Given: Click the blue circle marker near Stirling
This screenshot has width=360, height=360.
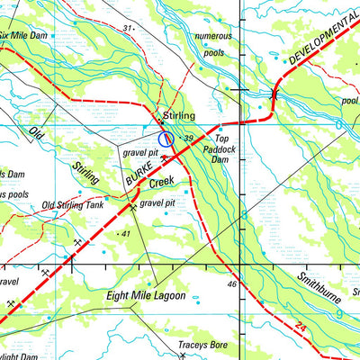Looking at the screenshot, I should pyautogui.click(x=166, y=138).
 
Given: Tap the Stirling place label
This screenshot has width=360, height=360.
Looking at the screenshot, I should pyautogui.click(x=180, y=116).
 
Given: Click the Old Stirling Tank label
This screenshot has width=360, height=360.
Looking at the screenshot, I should pyautogui.click(x=73, y=205).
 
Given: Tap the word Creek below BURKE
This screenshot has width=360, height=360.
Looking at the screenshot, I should pyautogui.click(x=161, y=183).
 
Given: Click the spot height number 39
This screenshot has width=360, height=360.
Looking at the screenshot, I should pyautogui.click(x=189, y=138).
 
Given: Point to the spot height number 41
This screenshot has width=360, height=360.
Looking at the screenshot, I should pyautogui.click(x=125, y=234).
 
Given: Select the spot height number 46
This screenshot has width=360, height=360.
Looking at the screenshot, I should pyautogui.click(x=231, y=284).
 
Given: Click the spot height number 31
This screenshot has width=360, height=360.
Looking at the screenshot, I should pyautogui.click(x=127, y=29).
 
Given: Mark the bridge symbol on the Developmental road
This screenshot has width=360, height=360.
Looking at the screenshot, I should pyautogui.click(x=274, y=93).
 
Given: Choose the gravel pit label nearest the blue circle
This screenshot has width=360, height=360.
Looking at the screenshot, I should pyautogui.click(x=139, y=154).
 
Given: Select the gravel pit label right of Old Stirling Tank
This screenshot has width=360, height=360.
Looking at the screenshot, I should pyautogui.click(x=157, y=204).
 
